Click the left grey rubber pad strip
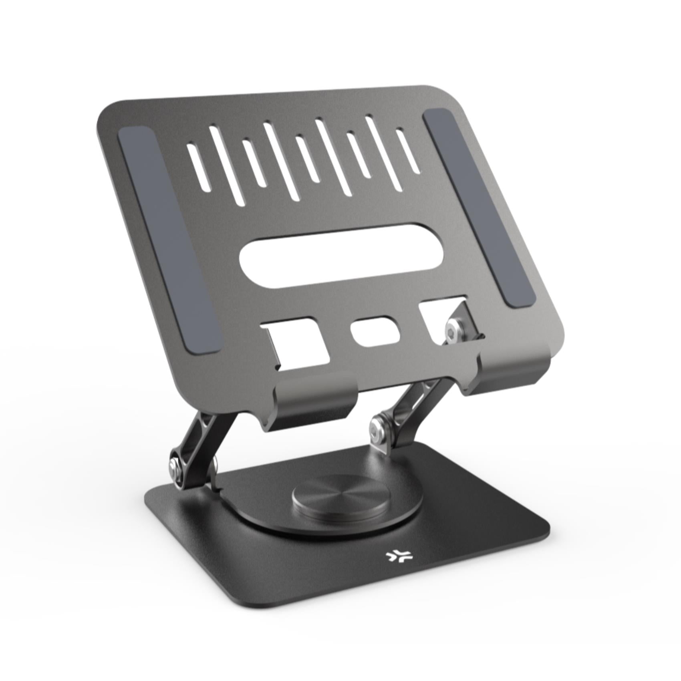point(169,240)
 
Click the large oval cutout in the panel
point(341,256)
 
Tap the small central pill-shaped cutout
point(375,331)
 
